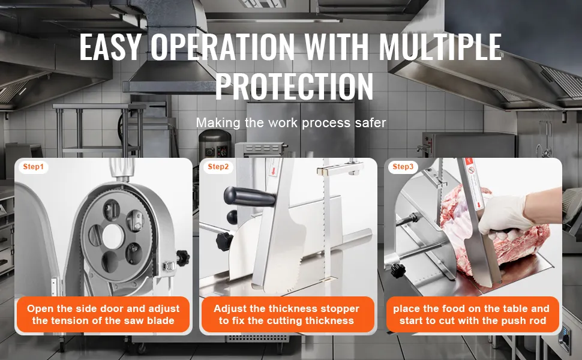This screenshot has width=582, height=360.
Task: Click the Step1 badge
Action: tap(34, 167)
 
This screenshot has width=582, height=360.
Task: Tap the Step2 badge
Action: tap(218, 167)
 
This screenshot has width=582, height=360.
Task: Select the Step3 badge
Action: tap(403, 167)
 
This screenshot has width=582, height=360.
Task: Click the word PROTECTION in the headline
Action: tap(295, 86)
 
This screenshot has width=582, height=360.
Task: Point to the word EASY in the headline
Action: tap(110, 47)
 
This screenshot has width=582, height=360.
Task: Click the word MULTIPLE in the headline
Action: tap(440, 47)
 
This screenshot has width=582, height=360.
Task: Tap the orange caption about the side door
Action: tap(103, 314)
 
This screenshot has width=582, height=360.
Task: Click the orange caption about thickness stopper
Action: tap(287, 314)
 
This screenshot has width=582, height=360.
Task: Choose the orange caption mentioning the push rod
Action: tap(472, 314)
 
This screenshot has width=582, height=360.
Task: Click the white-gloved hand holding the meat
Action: tap(505, 217)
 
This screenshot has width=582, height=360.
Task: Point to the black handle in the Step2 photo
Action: tap(248, 197)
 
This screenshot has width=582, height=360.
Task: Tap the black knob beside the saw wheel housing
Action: tap(182, 257)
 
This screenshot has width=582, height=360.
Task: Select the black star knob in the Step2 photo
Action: tap(224, 241)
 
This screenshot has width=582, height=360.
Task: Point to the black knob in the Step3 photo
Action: tap(398, 270)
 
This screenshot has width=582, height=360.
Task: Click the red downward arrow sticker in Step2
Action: tap(274, 171)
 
